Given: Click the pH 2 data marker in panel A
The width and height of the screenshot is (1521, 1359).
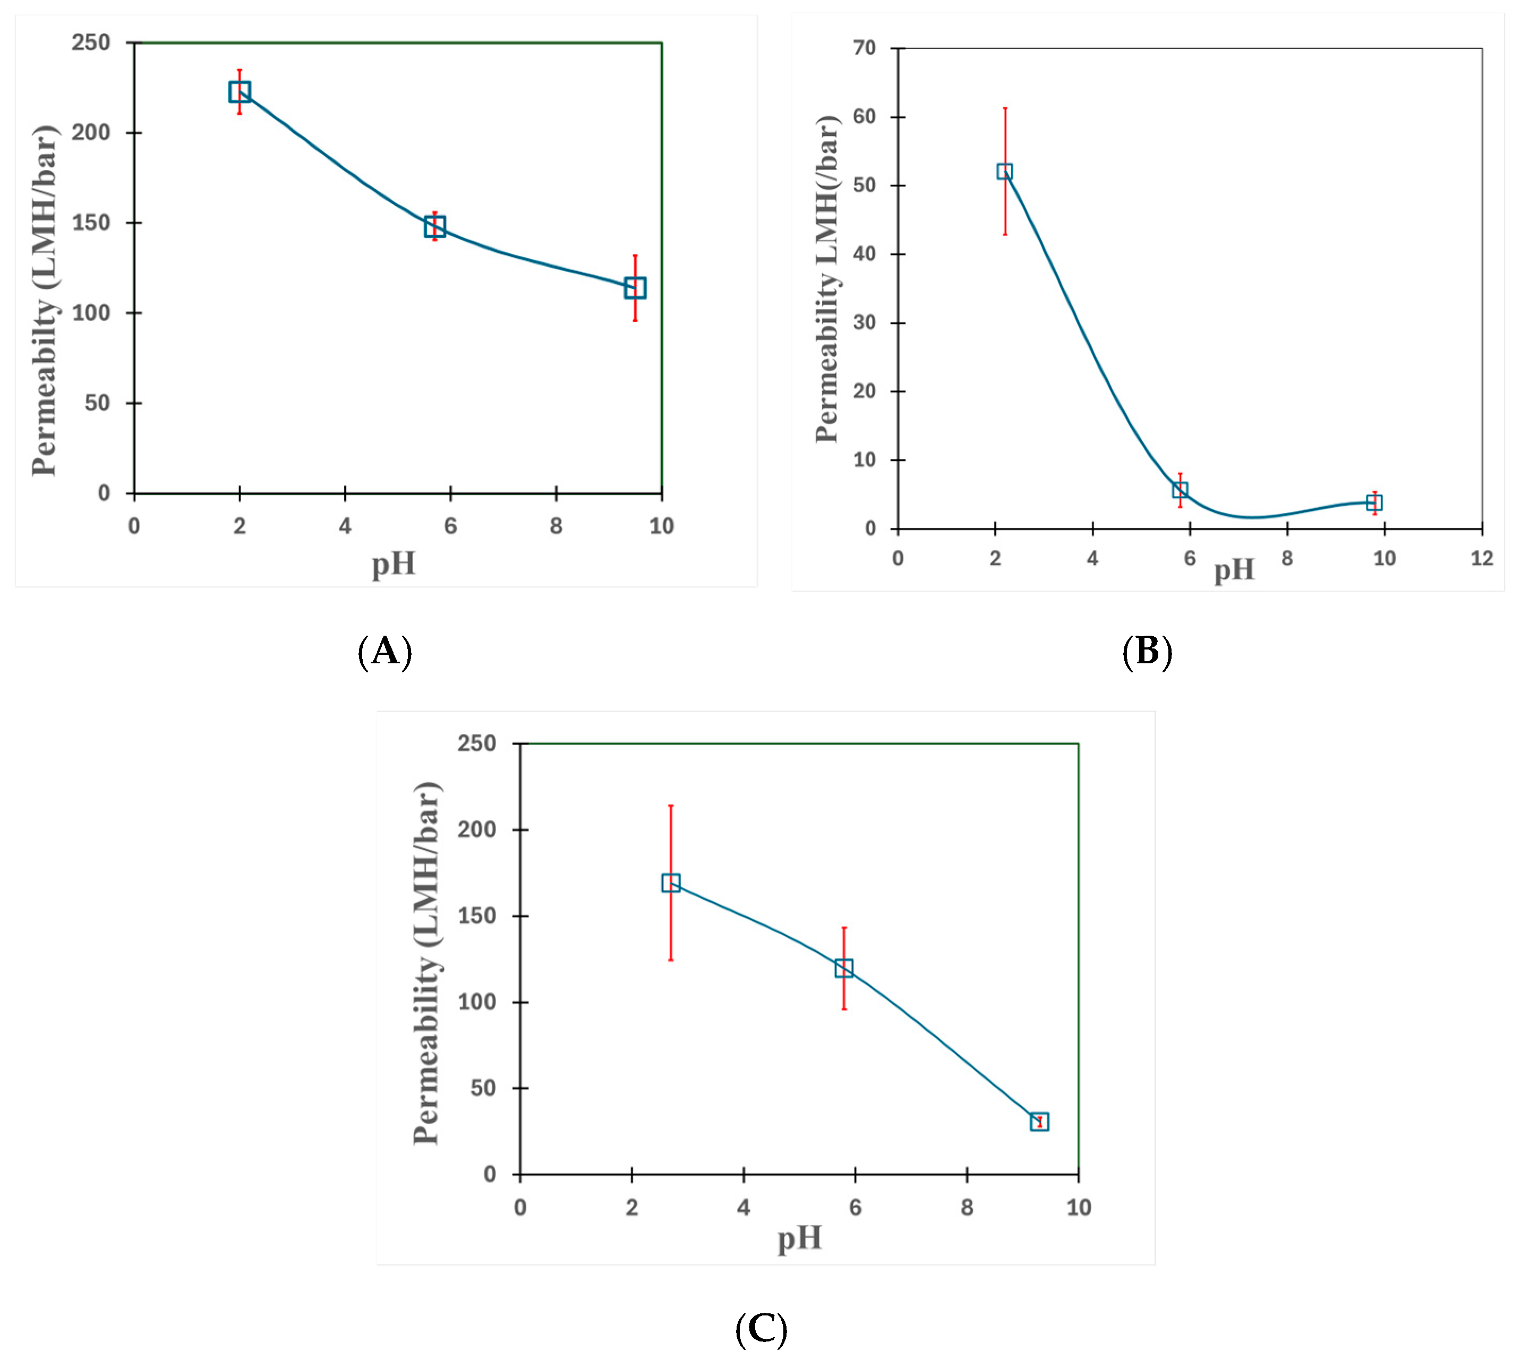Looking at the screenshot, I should coord(239,92).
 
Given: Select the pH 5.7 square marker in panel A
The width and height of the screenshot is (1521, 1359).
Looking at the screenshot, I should coord(434,226).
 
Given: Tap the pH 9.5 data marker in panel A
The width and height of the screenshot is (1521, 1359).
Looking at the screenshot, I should coord(635,288).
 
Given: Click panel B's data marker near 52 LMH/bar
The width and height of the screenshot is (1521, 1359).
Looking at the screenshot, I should coord(1004,172).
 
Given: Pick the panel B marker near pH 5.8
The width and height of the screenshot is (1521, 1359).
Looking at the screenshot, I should coord(1180,490).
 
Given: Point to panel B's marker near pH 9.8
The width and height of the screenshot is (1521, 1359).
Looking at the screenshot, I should coord(1374,502).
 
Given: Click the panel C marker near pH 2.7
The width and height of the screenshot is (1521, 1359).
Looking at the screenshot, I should coord(671,883).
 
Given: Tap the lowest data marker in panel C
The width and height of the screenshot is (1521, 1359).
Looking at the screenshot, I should coord(1039,1122).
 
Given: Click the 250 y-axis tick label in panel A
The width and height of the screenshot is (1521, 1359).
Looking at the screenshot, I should coord(91,42).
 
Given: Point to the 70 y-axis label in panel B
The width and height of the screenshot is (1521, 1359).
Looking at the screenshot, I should coord(864,48).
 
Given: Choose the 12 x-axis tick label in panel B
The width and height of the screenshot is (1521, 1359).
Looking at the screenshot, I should coord(1481,559).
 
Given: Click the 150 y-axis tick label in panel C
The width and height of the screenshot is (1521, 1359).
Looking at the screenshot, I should coord(476,916).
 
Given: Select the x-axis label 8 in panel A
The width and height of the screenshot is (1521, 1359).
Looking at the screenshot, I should coord(556,526).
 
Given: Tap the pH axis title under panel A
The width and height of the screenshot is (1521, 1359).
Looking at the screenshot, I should coord(394,564).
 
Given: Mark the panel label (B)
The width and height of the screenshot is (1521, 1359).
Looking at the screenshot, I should coord(1147,651).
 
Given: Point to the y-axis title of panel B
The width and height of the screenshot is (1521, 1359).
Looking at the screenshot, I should coord(827,279).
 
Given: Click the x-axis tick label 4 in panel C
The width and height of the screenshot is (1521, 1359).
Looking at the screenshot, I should coord(744,1208).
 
